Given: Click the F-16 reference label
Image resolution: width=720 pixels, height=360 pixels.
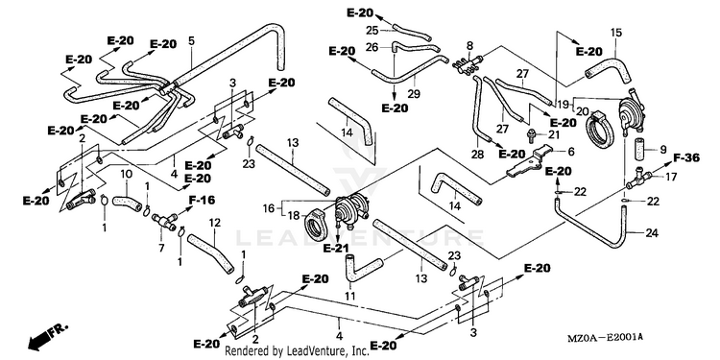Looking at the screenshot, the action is click(202, 200).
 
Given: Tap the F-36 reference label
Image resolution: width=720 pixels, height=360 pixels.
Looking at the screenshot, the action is click(686, 158).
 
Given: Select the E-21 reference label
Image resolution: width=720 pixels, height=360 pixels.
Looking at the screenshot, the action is click(336, 249).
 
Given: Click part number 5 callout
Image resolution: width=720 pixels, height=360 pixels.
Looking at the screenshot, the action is click(191, 40).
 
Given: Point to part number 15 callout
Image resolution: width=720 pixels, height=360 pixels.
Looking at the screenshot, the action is click(615, 33).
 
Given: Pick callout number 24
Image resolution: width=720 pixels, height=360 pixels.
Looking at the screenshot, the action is click(652, 233).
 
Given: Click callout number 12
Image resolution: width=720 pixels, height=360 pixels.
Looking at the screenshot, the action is click(214, 223).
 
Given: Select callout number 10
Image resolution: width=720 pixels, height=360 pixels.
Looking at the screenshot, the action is click(127, 174).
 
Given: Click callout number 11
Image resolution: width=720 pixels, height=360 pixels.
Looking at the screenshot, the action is click(350, 296).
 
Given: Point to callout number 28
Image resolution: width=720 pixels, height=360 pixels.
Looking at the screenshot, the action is click(477, 155).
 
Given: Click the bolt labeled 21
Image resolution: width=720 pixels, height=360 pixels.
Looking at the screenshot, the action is click(530, 134).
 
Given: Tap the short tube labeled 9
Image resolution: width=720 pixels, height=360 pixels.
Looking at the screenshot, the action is click(641, 149).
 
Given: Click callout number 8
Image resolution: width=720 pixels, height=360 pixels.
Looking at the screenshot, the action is click(469, 46).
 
